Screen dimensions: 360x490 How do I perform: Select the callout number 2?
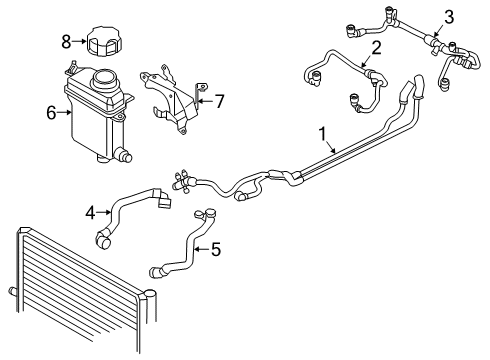[376, 47]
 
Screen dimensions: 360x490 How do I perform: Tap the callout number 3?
[449, 15]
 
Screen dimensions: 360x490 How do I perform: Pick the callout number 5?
[215, 249]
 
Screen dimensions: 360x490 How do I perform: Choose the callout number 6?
[51, 113]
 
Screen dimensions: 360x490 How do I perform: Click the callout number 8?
[66, 41]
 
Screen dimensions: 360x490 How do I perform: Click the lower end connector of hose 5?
[154, 270]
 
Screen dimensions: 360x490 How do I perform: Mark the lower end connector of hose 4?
[101, 239]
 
